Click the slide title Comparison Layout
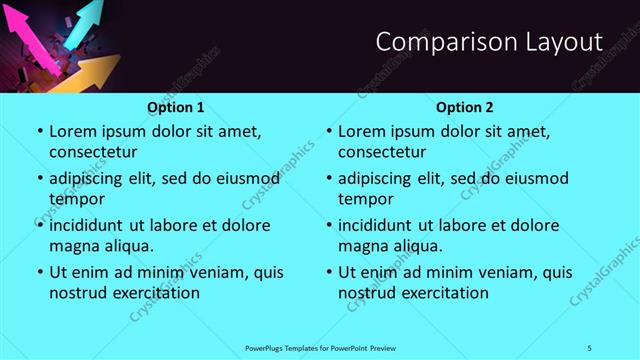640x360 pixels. click(x=489, y=42)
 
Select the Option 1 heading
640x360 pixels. click(x=176, y=107)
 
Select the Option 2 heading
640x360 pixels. click(x=465, y=107)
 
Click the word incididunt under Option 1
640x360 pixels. click(x=88, y=225)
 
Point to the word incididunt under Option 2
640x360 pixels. click(x=377, y=225)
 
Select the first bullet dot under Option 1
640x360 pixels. click(x=39, y=131)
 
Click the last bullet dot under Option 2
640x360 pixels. click(x=328, y=271)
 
